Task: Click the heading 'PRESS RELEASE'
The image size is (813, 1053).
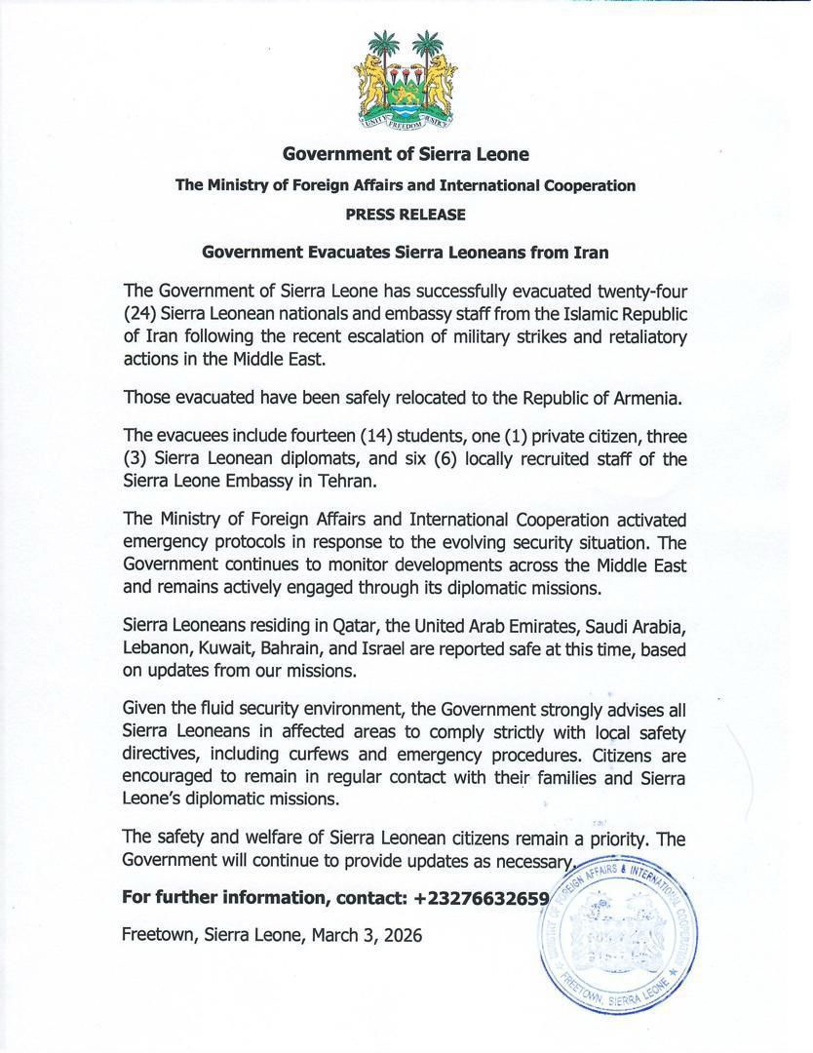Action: (x=406, y=214)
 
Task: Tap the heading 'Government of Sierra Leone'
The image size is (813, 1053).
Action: (x=406, y=154)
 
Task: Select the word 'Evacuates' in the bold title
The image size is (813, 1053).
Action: (x=355, y=253)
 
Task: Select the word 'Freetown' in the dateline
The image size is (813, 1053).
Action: (x=157, y=934)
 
